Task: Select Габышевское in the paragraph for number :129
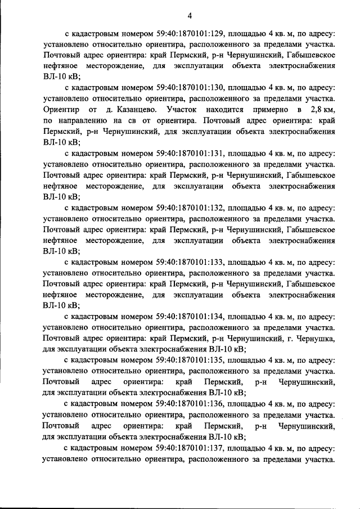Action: point(311,55)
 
